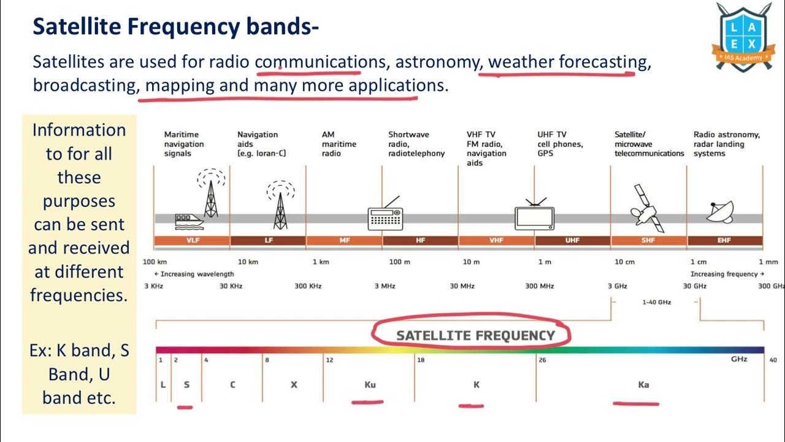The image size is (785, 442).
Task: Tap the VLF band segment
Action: pyautogui.click(x=192, y=241)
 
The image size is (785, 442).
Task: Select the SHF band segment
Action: pyautogui.click(x=648, y=241)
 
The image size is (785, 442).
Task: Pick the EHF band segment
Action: pyautogui.click(x=724, y=241)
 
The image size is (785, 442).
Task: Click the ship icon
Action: pyautogui.click(x=188, y=220)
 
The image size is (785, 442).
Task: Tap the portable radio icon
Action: pyautogui.click(x=385, y=215)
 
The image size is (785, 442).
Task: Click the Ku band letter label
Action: pyautogui.click(x=370, y=385)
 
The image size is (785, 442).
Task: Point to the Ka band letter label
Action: pyautogui.click(x=643, y=385)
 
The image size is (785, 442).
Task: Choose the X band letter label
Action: pyautogui.click(x=294, y=385)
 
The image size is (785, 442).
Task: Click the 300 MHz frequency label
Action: pyautogui.click(x=539, y=286)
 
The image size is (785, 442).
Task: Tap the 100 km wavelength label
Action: pyautogui.click(x=155, y=262)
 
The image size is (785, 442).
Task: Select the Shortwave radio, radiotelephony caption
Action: pyautogui.click(x=416, y=144)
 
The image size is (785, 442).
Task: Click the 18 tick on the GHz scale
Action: pyautogui.click(x=421, y=360)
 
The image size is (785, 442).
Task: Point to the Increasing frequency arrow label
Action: pyautogui.click(x=727, y=274)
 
